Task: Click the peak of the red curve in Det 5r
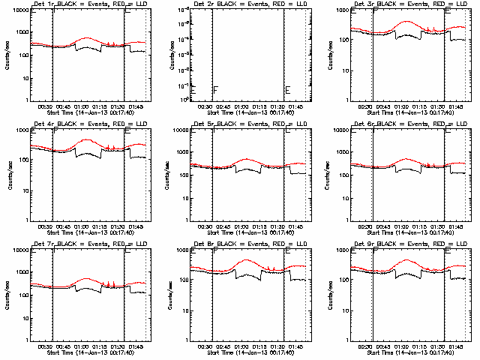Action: point(247,159)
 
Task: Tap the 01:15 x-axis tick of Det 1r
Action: point(102,106)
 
